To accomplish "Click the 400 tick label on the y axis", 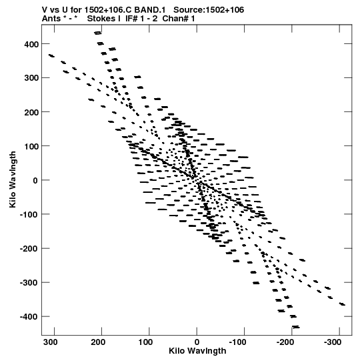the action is coord(31,44).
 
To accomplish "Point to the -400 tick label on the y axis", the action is coord(29,317).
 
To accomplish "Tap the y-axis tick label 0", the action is coord(35,180).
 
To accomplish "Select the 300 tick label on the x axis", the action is coord(51,342).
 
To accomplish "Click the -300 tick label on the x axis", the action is coord(333,342).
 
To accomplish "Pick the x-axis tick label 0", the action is coord(197,342).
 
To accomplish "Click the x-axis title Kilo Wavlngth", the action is coord(197,351).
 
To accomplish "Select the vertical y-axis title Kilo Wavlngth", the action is coord(13,179).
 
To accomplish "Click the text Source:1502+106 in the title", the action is coord(209,10).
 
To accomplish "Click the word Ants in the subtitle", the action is coord(51,19).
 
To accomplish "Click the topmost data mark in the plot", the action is coord(98,33).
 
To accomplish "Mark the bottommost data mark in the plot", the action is coord(295,327).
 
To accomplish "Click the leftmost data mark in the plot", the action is coord(51,55).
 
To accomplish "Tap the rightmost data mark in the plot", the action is coord(342,304).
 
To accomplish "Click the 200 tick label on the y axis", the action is coord(31,112).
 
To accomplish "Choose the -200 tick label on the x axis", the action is coord(285,342).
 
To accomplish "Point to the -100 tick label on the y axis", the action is coord(29,215).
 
